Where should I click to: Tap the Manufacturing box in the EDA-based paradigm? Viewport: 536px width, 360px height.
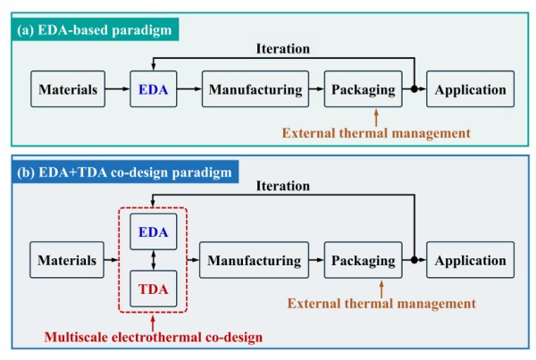[x=255, y=89]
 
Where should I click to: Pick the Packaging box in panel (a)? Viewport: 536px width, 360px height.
[x=363, y=89]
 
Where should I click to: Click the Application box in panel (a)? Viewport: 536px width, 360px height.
[x=471, y=89]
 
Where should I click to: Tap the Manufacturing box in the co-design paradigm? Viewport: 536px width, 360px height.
[x=255, y=261]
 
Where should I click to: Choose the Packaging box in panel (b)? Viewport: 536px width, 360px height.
[x=363, y=261]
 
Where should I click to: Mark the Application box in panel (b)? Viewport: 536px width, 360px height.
[x=471, y=261]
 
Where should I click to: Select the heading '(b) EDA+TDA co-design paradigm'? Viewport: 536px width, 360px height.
[x=126, y=172]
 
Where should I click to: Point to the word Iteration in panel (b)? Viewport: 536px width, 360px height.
[x=282, y=187]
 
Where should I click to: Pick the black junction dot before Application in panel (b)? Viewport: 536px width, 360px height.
[x=415, y=261]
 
